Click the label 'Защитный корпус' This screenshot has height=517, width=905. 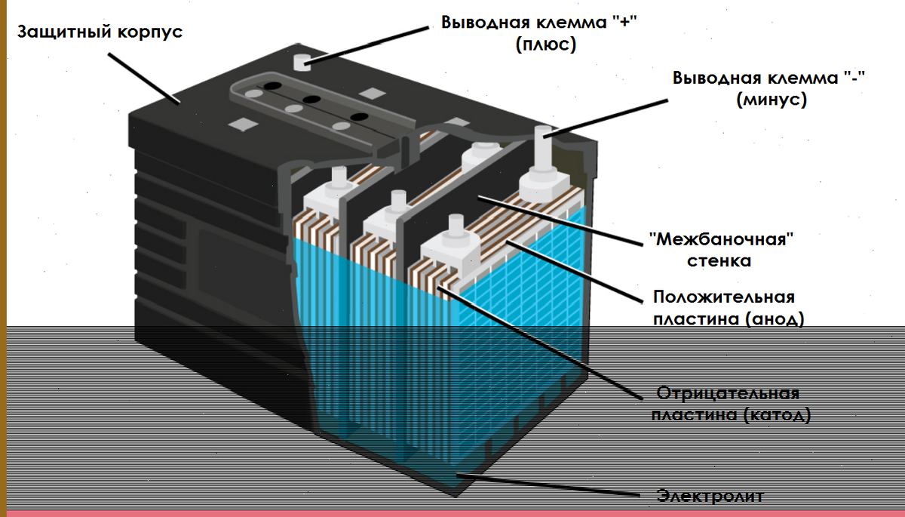coord(100,33)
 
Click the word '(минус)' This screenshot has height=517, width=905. coord(771,100)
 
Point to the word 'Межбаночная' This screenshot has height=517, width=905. coord(722,241)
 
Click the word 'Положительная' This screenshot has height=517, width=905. coord(723,297)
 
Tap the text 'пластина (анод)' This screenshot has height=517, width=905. coord(728,319)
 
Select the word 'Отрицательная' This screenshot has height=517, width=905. coord(727,393)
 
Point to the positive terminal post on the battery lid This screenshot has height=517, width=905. coord(303,61)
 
